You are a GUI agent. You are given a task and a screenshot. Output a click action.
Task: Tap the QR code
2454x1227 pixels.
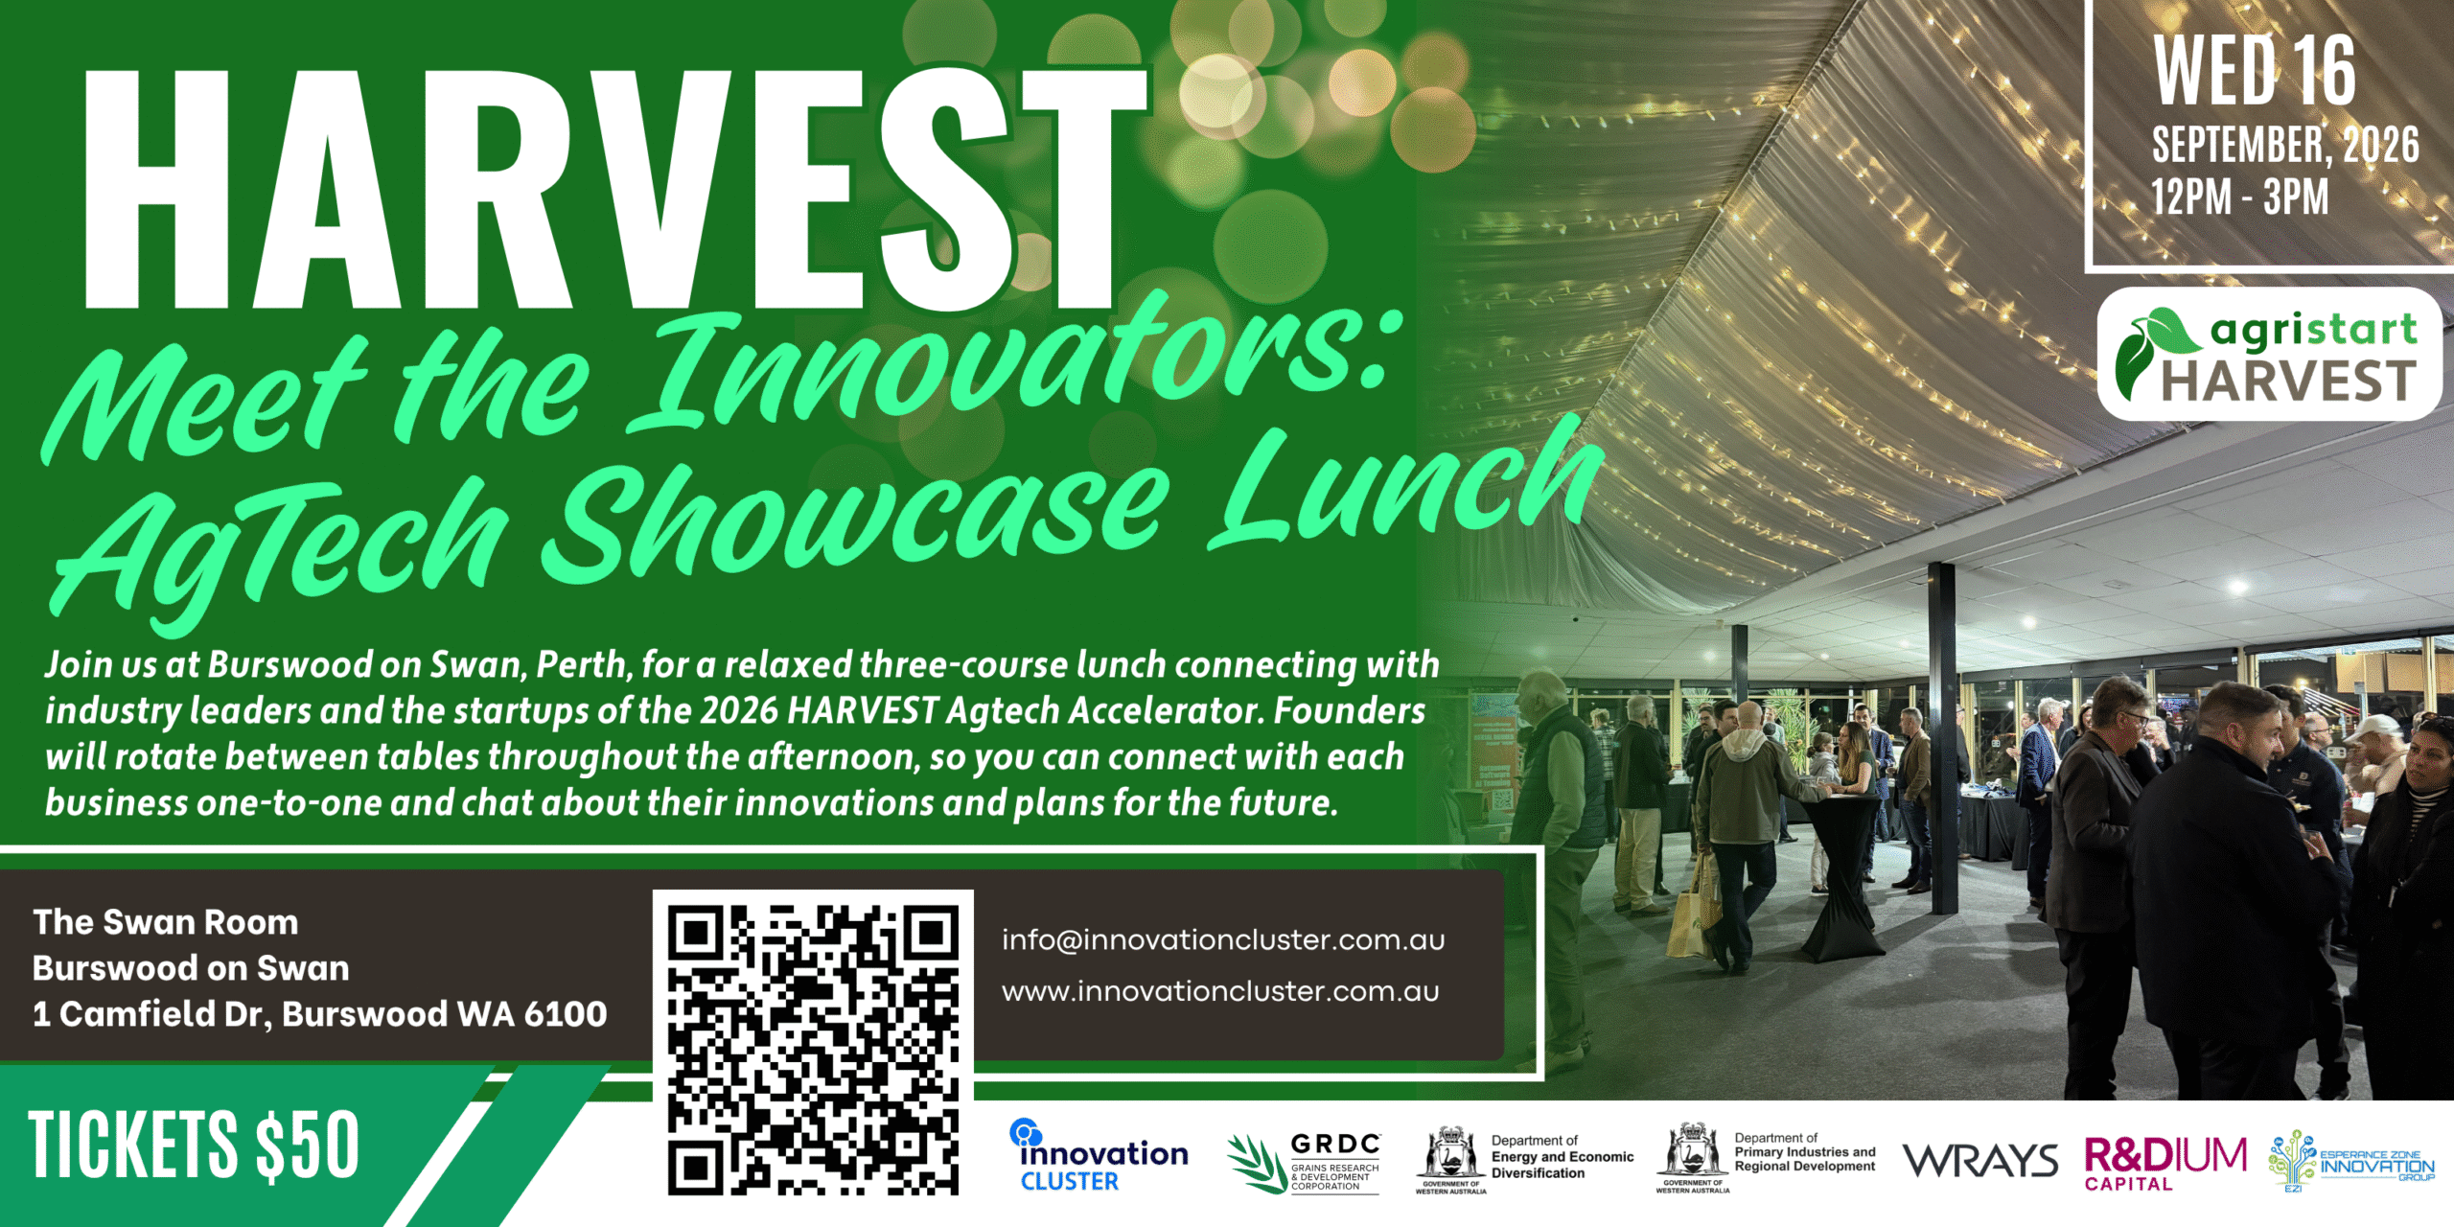click(813, 1051)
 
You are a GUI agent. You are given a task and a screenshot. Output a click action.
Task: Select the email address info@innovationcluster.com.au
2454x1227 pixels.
click(1223, 939)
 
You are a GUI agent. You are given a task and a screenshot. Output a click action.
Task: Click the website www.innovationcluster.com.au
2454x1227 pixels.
click(1220, 991)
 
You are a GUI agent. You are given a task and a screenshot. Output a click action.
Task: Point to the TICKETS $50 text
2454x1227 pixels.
click(194, 1145)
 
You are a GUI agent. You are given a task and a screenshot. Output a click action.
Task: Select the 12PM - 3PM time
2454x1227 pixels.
click(2239, 197)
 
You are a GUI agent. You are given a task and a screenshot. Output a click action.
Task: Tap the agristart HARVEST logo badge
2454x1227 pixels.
click(2269, 354)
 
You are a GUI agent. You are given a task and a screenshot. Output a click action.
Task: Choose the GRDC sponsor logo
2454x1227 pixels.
click(1304, 1163)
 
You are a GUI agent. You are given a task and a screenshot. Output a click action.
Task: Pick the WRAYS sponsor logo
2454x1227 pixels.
click(1980, 1161)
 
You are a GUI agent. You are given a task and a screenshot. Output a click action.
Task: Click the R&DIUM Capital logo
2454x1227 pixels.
click(2165, 1163)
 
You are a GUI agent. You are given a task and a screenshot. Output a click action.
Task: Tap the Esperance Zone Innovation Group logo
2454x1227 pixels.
click(2351, 1161)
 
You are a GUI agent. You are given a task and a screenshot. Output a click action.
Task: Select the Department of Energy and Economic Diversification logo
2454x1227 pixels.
click(1525, 1160)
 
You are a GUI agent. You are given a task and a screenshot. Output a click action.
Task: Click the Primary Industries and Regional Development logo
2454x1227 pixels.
click(1766, 1158)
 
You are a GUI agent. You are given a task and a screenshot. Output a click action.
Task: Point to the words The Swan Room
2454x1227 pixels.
click(166, 922)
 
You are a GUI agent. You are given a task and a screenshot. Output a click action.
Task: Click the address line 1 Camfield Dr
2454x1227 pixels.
click(320, 1014)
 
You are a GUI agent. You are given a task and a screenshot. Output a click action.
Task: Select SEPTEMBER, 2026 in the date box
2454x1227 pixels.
click(2285, 145)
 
